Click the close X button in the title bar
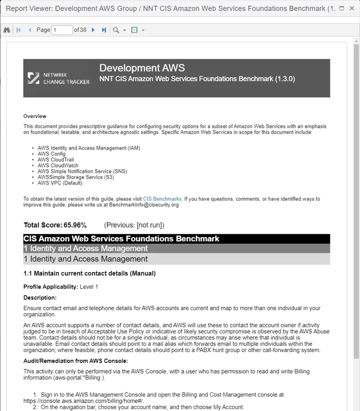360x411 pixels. point(352,8)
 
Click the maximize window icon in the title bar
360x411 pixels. point(342,8)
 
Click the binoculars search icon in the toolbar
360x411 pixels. point(7,30)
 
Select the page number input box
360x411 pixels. point(62,30)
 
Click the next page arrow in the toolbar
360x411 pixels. point(93,30)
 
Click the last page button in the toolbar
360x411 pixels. point(104,30)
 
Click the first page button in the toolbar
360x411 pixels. point(18,30)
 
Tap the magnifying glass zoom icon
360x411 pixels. point(116,30)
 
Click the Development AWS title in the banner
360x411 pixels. point(142,68)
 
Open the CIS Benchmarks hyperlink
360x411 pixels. point(162,199)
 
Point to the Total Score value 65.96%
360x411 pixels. point(75,225)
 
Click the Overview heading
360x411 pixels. point(35,116)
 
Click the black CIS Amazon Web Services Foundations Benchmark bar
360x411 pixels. point(176,238)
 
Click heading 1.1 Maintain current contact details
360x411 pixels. point(90,274)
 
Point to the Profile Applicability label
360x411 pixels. point(51,286)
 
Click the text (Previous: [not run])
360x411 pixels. point(134,225)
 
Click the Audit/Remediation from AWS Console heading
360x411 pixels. point(75,361)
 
